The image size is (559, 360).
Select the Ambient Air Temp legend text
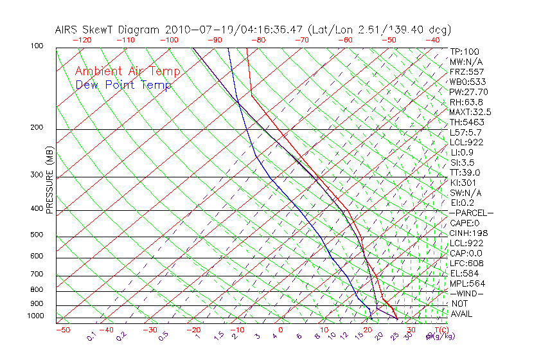pos(127,71)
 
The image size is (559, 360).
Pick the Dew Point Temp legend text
pos(123,85)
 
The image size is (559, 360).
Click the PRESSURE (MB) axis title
pos(50,181)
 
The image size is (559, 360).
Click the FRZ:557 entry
pos(467,72)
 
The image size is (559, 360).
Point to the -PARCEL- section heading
pos(471,213)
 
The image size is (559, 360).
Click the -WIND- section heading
pos(466,293)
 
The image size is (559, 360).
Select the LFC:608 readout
pos(466,264)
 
